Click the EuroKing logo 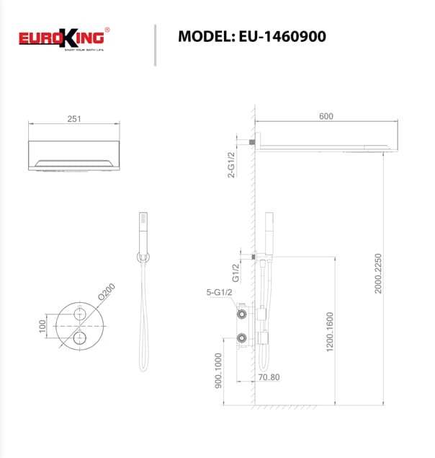tap(64, 38)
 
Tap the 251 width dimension tap(73, 120)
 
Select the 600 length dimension tap(326, 117)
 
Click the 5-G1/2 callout tap(219, 293)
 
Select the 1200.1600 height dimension tap(330, 332)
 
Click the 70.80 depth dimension tap(270, 376)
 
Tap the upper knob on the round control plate tap(78, 313)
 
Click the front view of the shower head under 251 tap(73, 157)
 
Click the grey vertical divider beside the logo tap(155, 45)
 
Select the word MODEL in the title tap(205, 36)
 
